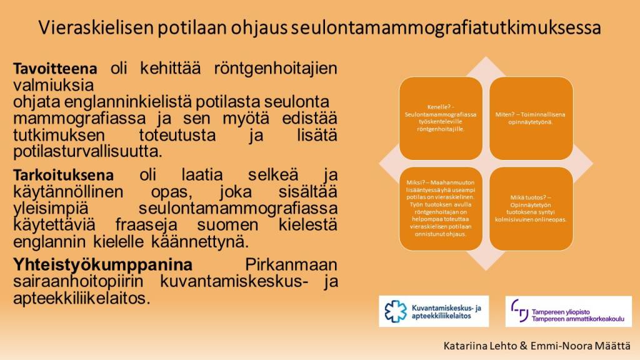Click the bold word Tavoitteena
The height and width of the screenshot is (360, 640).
coord(56,68)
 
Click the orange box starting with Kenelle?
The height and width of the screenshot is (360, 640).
coord(441,117)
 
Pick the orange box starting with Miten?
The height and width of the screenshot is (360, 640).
coord(531,117)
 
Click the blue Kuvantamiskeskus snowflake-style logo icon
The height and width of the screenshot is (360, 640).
coord(396,311)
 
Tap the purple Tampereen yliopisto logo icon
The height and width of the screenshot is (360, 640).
coord(520,310)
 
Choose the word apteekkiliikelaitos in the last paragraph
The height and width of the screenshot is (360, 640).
coord(82,298)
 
